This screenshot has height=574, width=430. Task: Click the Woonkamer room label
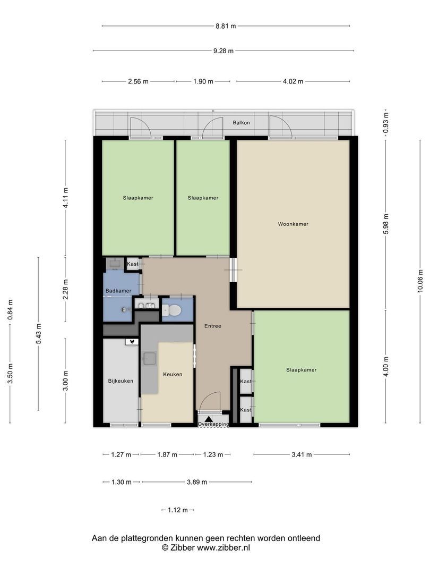[293, 224]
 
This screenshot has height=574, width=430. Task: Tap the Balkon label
[242, 123]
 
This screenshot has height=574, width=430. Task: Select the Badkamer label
[118, 291]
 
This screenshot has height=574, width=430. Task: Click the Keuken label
[173, 374]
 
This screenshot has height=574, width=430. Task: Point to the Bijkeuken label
[121, 381]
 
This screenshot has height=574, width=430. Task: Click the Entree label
[213, 326]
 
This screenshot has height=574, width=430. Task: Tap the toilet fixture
[171, 311]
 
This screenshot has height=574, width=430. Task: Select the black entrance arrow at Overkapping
[209, 419]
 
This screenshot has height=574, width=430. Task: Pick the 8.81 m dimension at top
[226, 26]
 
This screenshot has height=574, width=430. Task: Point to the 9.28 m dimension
[223, 51]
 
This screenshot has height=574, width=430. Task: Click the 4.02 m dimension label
[293, 81]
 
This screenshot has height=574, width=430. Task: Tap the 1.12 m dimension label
[178, 510]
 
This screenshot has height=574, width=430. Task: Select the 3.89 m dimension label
[197, 482]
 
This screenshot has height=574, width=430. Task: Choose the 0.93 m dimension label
[386, 123]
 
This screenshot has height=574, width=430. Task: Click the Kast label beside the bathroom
[133, 264]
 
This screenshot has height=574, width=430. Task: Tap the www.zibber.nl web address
[223, 548]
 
